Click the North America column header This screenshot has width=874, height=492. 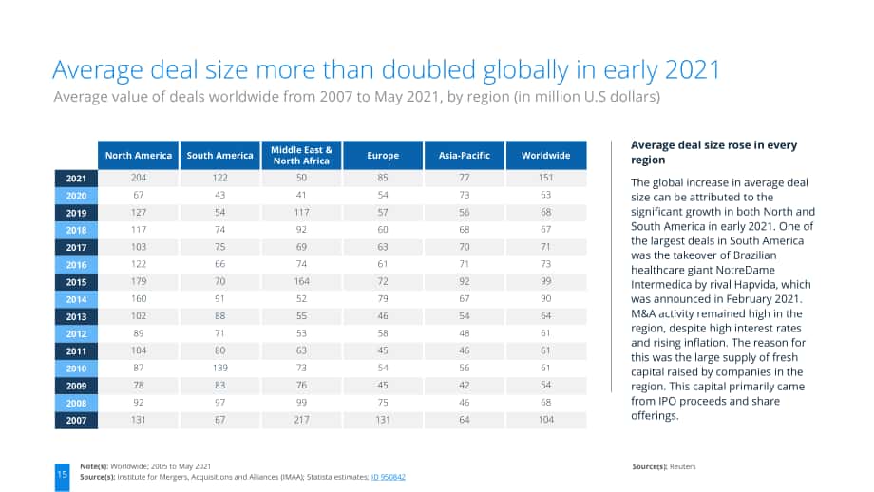[x=139, y=156]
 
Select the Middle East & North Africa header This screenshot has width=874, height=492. [x=301, y=156]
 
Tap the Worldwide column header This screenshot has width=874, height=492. [x=545, y=156]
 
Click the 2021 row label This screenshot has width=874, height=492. [x=76, y=179]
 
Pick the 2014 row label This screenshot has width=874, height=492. [x=76, y=299]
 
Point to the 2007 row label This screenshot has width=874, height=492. [x=76, y=420]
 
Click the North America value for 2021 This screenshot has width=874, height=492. [x=139, y=178]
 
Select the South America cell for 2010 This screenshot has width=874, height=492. [x=220, y=368]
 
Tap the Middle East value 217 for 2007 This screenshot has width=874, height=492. [x=301, y=420]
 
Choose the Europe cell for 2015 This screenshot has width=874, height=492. [x=383, y=281]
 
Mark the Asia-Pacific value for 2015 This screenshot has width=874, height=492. [x=465, y=281]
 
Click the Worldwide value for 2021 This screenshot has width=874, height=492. [x=545, y=178]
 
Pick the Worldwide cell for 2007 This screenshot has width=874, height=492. [x=545, y=420]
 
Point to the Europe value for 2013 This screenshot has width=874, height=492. [x=383, y=316]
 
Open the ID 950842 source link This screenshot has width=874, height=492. [x=389, y=477]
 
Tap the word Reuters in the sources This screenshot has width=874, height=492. [x=683, y=467]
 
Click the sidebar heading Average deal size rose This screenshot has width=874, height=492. [x=714, y=152]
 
